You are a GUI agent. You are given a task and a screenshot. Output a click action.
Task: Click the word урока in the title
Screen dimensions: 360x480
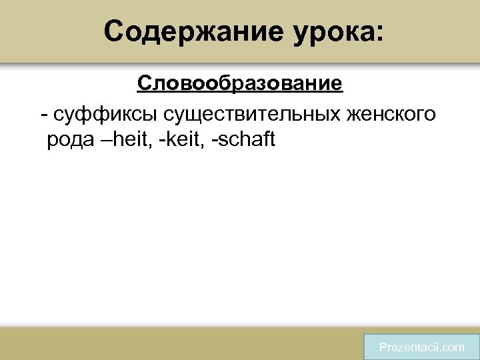pyautogui.click(x=331, y=31)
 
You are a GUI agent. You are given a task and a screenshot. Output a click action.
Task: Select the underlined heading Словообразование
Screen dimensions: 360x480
pyautogui.click(x=240, y=84)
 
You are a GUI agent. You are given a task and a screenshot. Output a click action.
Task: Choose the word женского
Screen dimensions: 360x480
pyautogui.click(x=390, y=114)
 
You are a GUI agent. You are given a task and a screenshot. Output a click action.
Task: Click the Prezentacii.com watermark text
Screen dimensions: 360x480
pyautogui.click(x=421, y=347)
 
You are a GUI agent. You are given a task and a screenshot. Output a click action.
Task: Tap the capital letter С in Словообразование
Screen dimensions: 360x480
pyautogui.click(x=144, y=84)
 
